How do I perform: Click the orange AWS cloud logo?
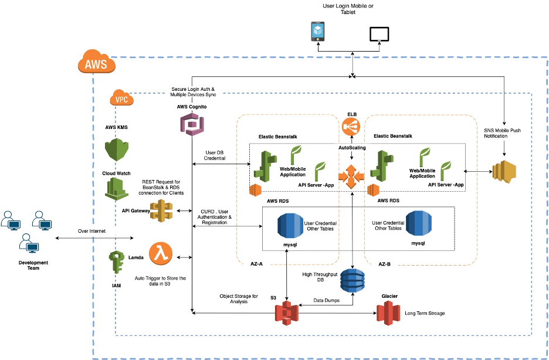click(97, 63)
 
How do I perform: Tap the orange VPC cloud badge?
click(121, 99)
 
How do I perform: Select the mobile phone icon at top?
click(318, 32)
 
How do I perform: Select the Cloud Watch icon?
click(116, 188)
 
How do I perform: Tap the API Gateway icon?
click(161, 209)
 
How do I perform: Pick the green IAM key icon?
click(115, 264)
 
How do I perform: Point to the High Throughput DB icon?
click(352, 280)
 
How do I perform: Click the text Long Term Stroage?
click(425, 313)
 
